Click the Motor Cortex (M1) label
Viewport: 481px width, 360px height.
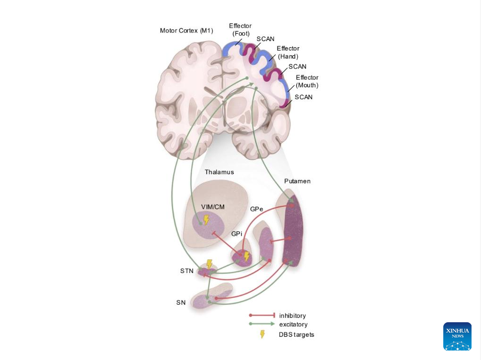click(186, 31)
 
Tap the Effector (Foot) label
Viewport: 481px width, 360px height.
click(240, 29)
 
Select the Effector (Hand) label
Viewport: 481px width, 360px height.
click(288, 52)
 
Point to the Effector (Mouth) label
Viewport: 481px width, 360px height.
click(307, 81)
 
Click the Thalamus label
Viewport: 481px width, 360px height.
click(219, 172)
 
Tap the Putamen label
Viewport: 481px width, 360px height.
click(297, 181)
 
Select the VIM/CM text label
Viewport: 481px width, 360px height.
click(213, 206)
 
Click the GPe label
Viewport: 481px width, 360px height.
click(257, 208)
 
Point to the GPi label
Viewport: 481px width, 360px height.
click(236, 234)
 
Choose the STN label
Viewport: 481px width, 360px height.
click(186, 271)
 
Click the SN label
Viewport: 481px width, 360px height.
click(181, 302)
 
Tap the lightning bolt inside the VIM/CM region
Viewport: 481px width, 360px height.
click(206, 220)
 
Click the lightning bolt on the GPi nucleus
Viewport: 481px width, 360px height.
click(246, 256)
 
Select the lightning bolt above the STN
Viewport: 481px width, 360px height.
click(209, 264)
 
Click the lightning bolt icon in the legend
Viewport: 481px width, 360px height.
click(262, 334)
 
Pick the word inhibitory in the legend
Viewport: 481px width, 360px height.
click(292, 316)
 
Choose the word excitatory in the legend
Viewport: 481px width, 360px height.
click(293, 325)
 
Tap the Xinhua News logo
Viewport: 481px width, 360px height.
click(457, 336)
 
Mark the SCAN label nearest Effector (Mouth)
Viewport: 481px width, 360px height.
click(304, 97)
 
